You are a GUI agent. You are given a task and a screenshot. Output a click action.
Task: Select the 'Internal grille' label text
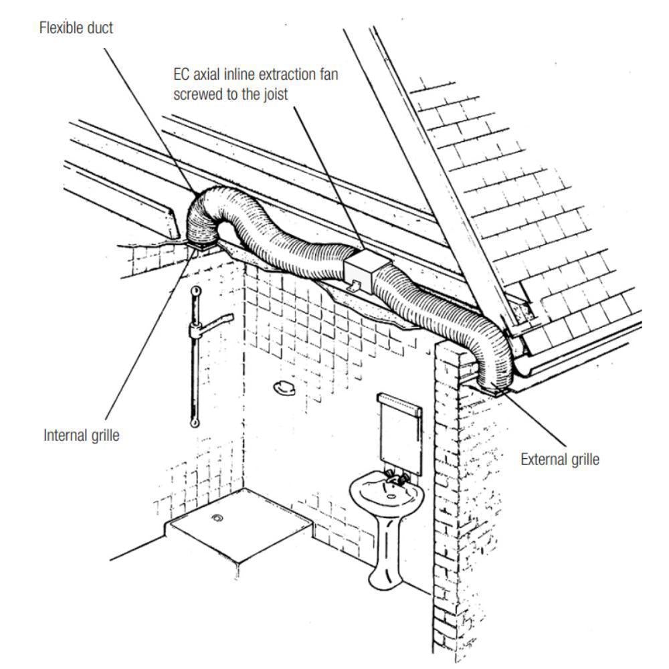(x=82, y=435)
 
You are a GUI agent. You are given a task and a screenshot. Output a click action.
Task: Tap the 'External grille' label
(x=560, y=459)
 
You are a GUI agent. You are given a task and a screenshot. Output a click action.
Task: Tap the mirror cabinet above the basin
(x=400, y=432)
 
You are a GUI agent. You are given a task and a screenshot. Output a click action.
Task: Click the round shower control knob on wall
(x=284, y=386)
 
